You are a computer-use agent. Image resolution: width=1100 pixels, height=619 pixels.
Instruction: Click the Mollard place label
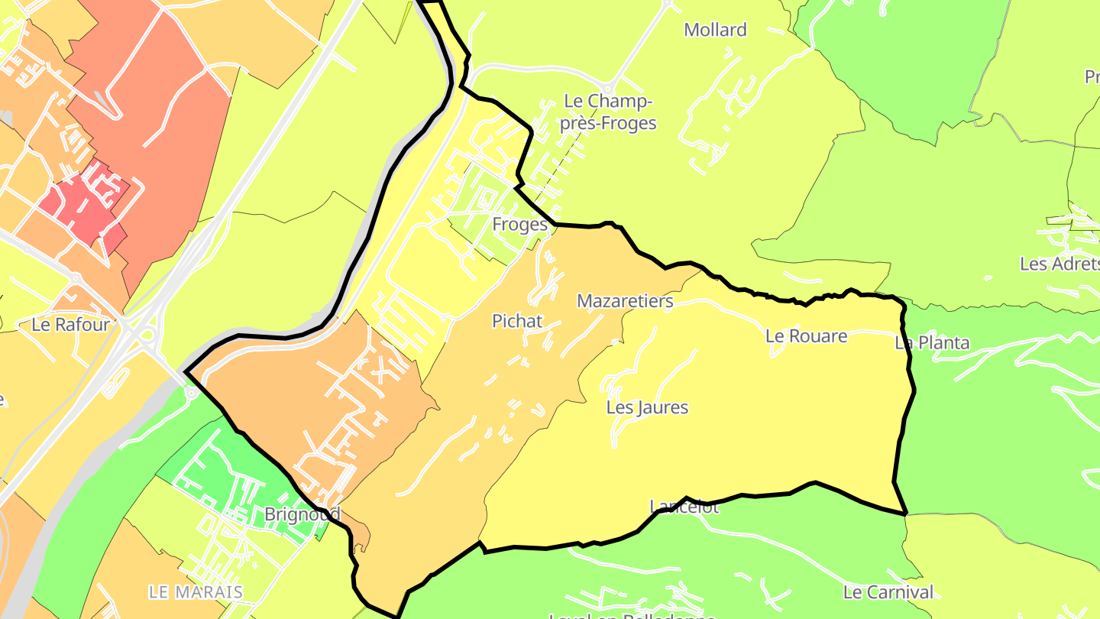click(715, 31)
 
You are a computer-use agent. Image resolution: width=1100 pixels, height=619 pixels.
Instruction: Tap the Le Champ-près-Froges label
click(608, 112)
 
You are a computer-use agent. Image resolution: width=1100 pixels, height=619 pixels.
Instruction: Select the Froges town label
click(519, 225)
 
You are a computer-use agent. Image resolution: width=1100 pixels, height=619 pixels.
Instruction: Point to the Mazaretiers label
click(625, 301)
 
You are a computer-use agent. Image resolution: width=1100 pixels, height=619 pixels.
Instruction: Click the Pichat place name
click(517, 321)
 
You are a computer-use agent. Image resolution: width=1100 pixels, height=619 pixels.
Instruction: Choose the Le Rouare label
click(806, 336)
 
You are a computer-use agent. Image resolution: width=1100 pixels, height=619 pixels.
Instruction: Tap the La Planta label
click(932, 343)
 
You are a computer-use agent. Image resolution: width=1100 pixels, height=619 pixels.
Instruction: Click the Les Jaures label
click(647, 407)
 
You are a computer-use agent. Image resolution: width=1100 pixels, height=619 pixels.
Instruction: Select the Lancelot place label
click(684, 507)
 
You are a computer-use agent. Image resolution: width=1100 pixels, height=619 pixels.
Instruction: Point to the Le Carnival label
click(888, 592)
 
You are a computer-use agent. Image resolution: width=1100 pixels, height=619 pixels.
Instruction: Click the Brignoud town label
click(302, 514)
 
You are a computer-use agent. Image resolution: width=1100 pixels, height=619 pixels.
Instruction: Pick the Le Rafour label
click(70, 325)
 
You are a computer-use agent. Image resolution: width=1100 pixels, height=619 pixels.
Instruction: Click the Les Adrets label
click(1059, 264)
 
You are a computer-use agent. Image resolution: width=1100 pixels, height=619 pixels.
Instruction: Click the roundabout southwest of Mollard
click(609, 86)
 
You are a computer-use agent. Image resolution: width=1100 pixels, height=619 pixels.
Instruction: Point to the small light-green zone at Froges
click(481, 206)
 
